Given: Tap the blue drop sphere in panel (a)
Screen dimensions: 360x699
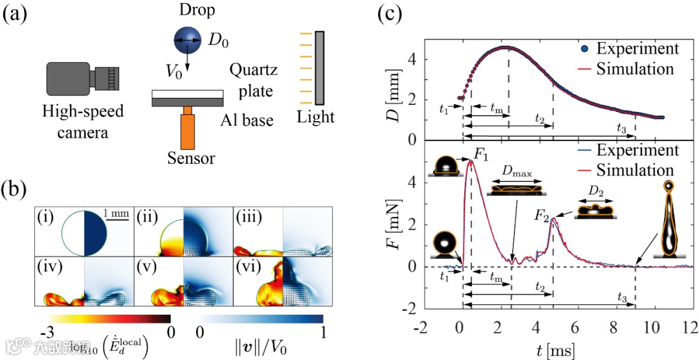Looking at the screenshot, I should click(x=187, y=41).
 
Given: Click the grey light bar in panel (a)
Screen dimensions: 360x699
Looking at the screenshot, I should click(x=320, y=67).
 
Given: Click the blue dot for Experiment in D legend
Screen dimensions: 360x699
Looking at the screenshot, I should click(x=584, y=48).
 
